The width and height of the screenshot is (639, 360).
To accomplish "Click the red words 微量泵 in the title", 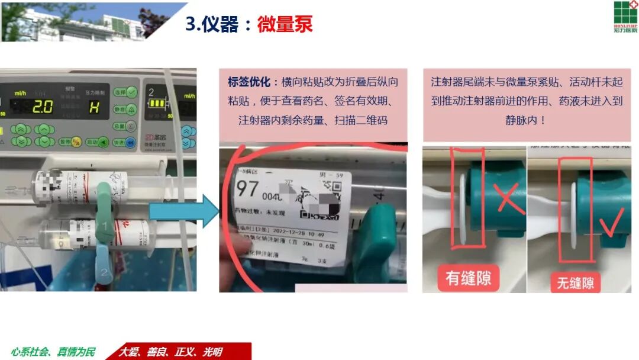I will [285, 24].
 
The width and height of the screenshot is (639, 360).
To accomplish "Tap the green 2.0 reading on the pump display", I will [42, 107].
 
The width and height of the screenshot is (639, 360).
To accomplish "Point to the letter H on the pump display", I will [93, 107].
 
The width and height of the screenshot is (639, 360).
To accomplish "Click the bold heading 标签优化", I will [249, 82].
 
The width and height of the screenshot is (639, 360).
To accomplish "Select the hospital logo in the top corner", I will [625, 17].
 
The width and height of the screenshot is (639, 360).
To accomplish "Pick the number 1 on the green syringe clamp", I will [105, 226].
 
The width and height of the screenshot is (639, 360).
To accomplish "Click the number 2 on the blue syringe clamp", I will [104, 272].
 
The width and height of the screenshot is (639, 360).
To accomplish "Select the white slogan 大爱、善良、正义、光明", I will [171, 352].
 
